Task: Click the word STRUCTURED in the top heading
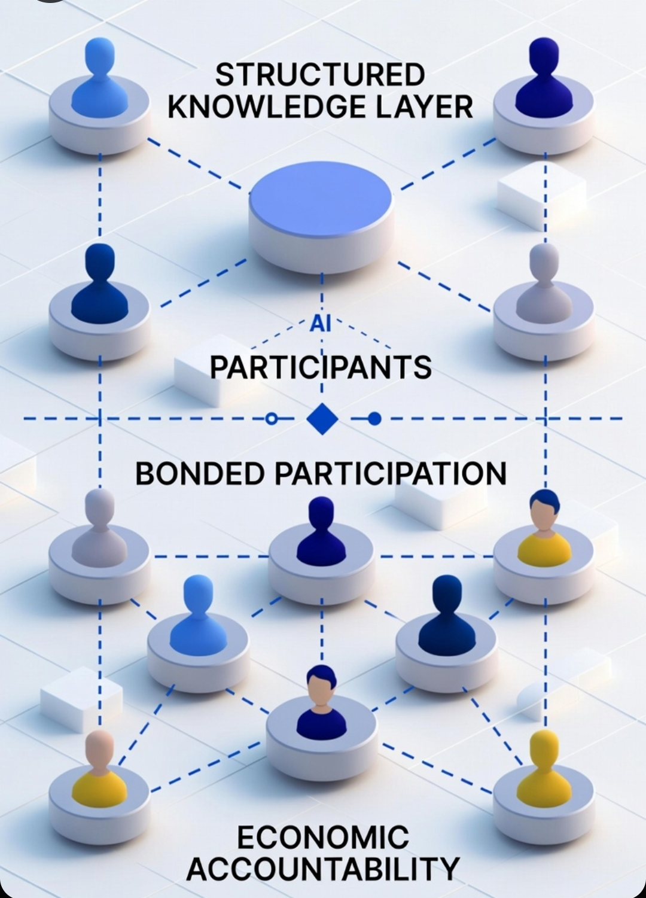click(319, 75)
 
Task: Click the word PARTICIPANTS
click(321, 367)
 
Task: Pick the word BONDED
click(200, 473)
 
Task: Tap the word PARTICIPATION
click(391, 473)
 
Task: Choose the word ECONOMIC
click(323, 837)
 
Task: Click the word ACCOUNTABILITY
click(323, 868)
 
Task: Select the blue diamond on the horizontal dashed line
click(322, 419)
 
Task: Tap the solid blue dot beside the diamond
click(374, 419)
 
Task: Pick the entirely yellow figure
click(544, 772)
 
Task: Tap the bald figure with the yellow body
click(99, 772)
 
